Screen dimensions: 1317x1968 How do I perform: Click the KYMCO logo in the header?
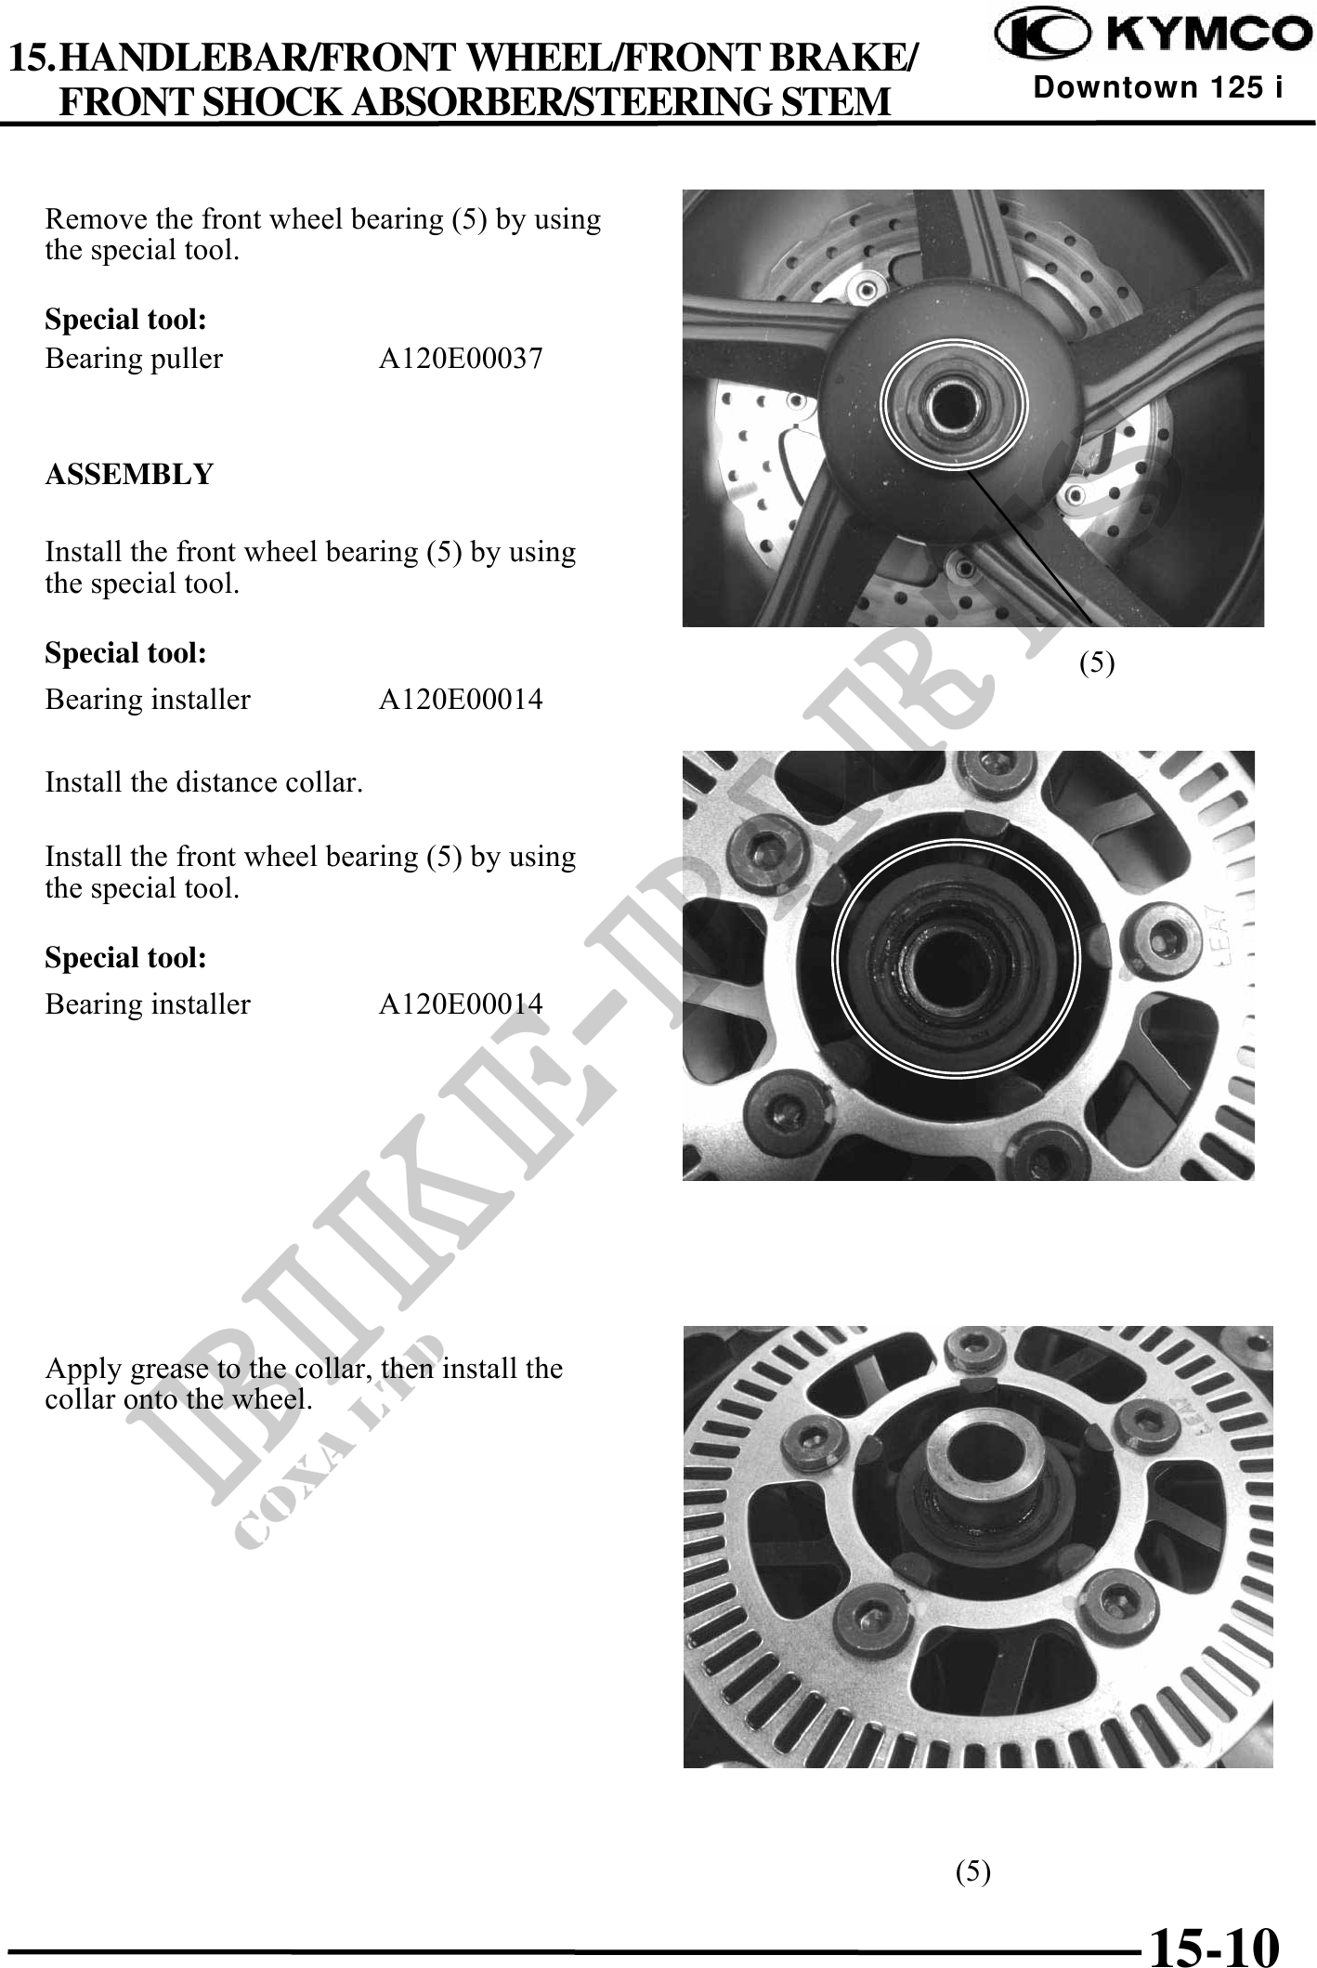pos(1149,35)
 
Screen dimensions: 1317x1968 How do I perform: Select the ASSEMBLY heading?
pos(129,475)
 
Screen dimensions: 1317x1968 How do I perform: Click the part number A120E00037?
pos(461,359)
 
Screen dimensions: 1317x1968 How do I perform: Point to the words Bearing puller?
pos(134,359)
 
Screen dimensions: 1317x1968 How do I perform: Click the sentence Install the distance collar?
pos(203,782)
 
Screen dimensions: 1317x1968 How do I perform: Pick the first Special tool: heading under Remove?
pos(125,321)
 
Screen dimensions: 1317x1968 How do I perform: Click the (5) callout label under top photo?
pos(1097,663)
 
